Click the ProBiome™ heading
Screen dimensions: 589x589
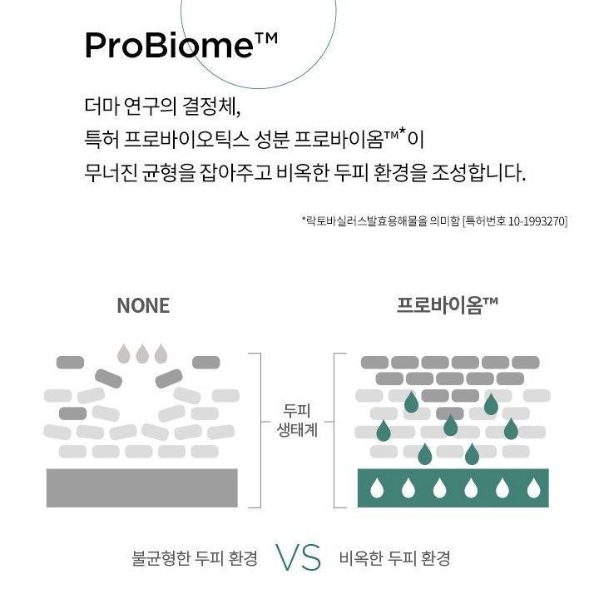point(181,45)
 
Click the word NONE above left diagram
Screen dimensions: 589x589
point(143,306)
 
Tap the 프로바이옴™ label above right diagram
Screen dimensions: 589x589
point(447,305)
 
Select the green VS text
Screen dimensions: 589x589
point(299,557)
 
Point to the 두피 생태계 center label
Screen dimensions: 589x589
point(297,420)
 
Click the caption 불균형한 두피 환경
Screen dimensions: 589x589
point(195,558)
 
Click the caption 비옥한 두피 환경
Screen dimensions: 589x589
point(394,558)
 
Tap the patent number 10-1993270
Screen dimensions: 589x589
point(537,221)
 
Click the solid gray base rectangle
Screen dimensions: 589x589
point(142,488)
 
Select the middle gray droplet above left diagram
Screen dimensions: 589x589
point(142,354)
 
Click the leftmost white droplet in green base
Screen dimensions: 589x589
point(377,488)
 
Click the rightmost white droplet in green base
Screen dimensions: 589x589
point(533,488)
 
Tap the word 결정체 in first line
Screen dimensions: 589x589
point(211,106)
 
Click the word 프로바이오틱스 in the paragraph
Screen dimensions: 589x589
point(186,140)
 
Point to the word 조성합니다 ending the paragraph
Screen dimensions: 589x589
point(478,173)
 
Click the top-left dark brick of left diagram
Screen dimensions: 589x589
point(70,363)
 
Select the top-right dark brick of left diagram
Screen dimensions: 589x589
point(205,363)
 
